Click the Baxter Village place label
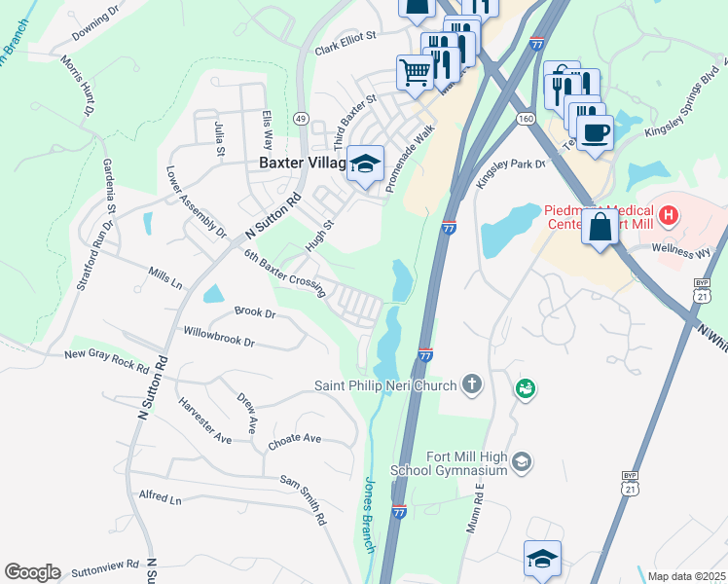pos(300,164)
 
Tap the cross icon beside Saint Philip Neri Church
pos(472,384)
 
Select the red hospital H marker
pos(670,213)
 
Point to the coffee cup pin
pos(595,130)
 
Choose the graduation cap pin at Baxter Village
pos(366,164)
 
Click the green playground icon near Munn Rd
pos(526,389)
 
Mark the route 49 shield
pos(302,119)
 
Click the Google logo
pos(32,572)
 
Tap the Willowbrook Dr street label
pos(218,337)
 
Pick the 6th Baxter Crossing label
pos(283,274)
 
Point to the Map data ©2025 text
pos(685,576)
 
